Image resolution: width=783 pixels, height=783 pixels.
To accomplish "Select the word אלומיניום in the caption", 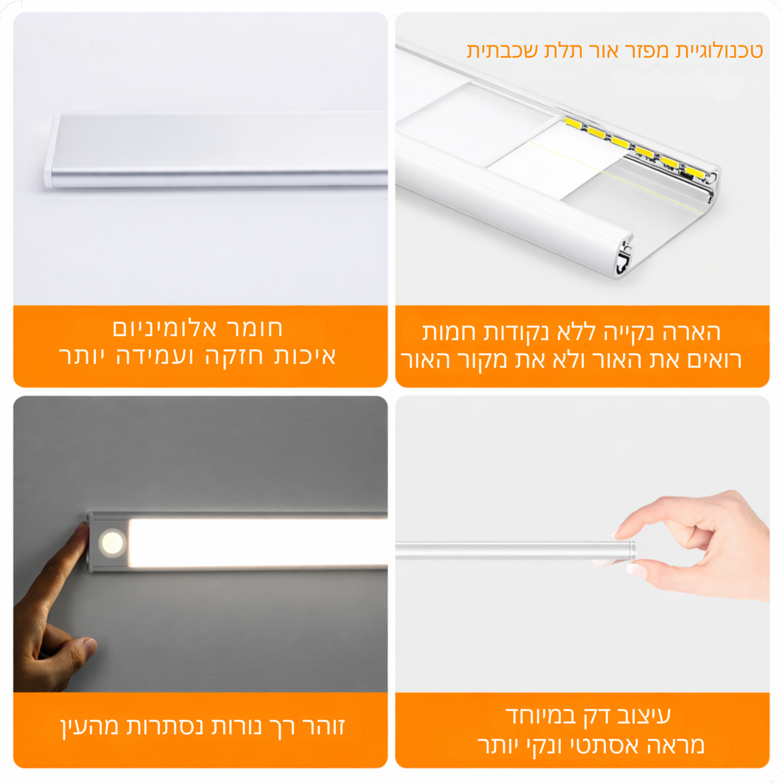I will (165, 328).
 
